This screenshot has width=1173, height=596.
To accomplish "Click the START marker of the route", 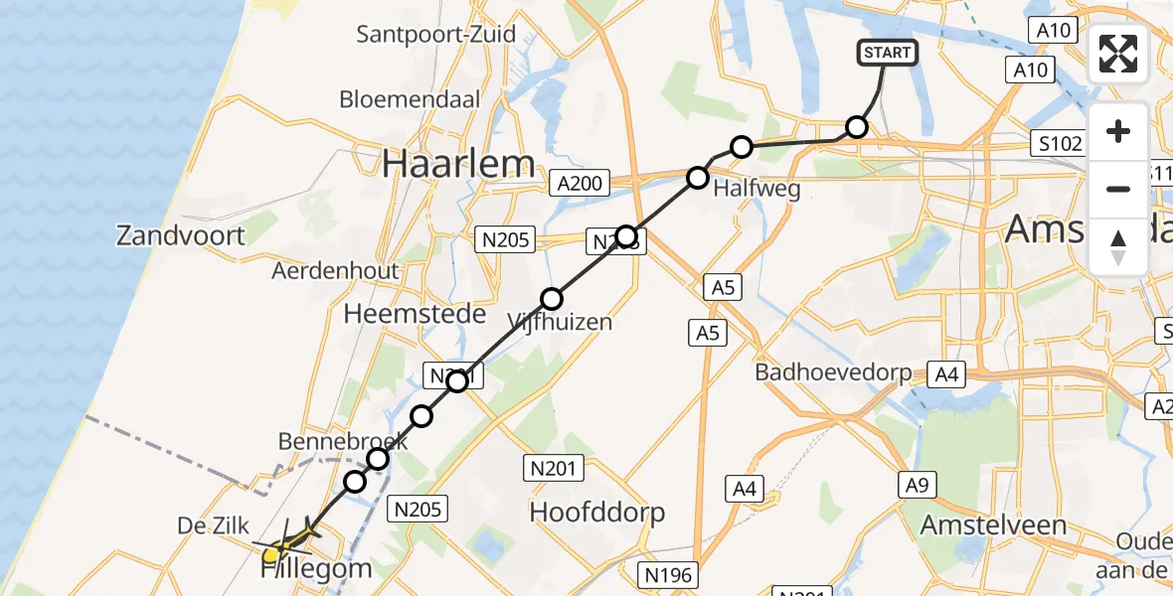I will pos(887,53).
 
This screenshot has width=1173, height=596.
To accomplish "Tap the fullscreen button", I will pos(1118,54).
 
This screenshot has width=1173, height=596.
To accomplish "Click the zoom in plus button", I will pos(1118,131).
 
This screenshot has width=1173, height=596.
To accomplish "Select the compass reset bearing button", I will pos(1118,246).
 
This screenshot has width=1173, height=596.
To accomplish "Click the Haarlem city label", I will pos(458,164).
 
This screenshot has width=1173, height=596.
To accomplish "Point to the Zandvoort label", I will pos(180,235).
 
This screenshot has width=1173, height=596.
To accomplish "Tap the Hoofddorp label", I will pos(597,513).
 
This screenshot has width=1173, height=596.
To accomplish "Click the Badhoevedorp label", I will pos(833,372).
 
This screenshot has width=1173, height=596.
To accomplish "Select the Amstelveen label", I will pos(993,524).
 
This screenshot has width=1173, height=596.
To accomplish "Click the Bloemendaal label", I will pos(410,99).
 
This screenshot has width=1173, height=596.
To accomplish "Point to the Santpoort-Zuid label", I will pos(436,35).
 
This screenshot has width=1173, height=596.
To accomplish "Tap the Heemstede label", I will pos(415,314).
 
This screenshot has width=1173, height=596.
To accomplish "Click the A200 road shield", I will pos(577,183).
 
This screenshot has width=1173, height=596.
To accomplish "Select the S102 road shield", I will pos(1058,143).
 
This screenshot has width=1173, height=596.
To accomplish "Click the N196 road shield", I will pos(669,573).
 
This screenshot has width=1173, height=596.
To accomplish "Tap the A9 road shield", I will pos(918,485).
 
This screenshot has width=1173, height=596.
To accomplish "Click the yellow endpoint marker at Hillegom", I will pos(271,552).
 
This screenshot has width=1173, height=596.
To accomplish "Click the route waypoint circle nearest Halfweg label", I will pos(698,178).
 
